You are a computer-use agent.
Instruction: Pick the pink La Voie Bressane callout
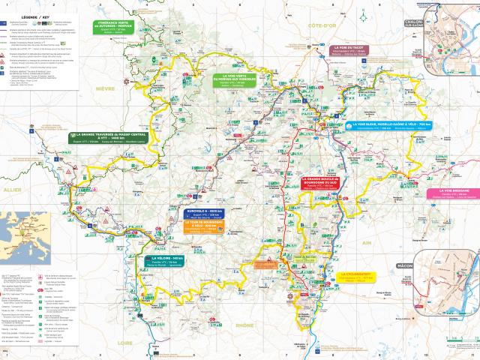448,193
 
